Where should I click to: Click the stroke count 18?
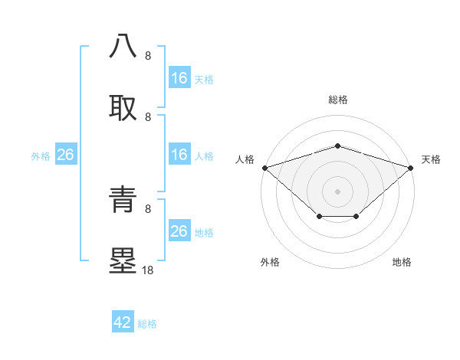(x=148, y=270)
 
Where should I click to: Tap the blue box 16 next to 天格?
(x=179, y=78)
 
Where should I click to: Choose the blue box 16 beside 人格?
(x=179, y=155)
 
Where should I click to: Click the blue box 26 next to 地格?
(x=179, y=231)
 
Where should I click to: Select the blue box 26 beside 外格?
(x=66, y=155)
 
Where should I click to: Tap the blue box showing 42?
(x=123, y=322)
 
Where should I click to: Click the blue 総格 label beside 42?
(x=147, y=324)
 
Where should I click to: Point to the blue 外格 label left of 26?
(x=41, y=156)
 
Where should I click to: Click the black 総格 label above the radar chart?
(x=337, y=100)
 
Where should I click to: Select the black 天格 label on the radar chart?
(x=431, y=159)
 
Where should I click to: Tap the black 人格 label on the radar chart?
(x=245, y=159)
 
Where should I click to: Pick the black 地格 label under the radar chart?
(x=402, y=262)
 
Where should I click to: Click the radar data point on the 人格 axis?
(x=264, y=168)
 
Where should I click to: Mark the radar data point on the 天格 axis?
(x=411, y=168)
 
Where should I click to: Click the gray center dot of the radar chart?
(x=337, y=191)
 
